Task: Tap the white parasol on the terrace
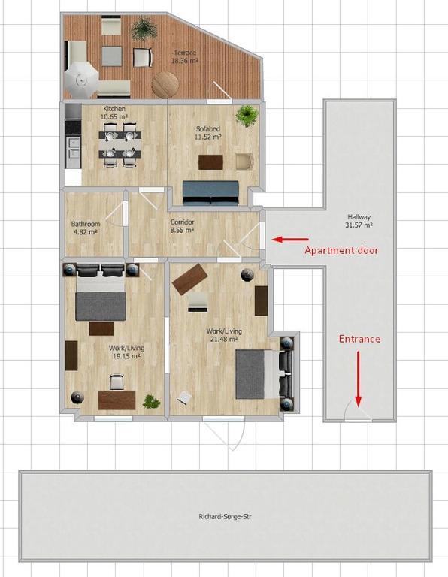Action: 81,80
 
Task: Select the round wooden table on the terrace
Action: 165,84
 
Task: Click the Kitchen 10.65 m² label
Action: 114,113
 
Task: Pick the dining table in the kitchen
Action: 120,144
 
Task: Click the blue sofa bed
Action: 211,192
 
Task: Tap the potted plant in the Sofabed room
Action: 247,116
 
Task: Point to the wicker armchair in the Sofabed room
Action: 244,162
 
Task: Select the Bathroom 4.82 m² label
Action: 86,228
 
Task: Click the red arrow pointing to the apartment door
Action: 290,240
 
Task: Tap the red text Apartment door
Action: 341,251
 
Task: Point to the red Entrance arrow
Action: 358,379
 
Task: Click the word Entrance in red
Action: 359,339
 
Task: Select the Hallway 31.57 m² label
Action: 359,221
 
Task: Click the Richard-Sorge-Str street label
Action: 226,517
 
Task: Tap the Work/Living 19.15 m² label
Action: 126,352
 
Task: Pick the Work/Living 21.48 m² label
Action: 224,335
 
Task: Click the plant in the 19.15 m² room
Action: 151,402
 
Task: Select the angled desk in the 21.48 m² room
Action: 189,279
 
